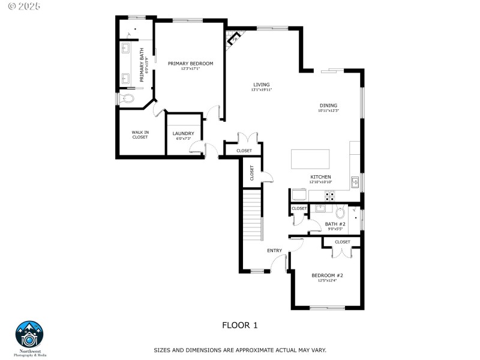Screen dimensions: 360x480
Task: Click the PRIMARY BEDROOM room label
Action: click(x=190, y=63)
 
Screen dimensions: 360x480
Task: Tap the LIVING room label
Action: click(x=261, y=85)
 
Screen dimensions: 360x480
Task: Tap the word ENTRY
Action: click(x=274, y=250)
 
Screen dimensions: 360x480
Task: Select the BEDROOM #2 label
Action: click(x=327, y=275)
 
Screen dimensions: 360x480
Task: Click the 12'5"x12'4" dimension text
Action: click(x=327, y=281)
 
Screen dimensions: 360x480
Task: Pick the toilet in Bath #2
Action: click(x=341, y=212)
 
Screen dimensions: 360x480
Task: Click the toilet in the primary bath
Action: click(x=127, y=98)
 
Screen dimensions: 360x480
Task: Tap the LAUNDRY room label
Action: click(x=183, y=133)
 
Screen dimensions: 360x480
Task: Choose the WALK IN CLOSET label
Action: click(x=140, y=134)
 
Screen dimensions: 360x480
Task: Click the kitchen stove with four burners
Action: click(x=330, y=195)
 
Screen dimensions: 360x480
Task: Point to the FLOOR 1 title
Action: click(x=239, y=325)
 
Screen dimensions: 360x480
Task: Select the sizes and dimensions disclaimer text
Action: click(x=239, y=350)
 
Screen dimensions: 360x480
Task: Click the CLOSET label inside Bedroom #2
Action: click(x=342, y=242)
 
